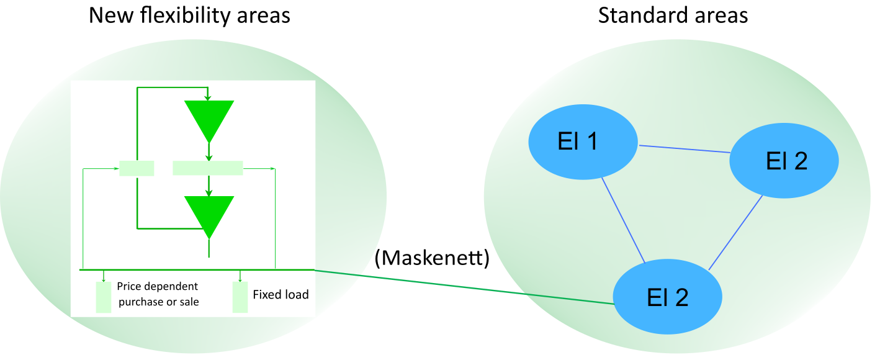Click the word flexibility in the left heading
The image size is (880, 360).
coord(186,15)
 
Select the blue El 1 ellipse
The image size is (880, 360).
coord(583,143)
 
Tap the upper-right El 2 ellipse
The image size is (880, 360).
coord(784,161)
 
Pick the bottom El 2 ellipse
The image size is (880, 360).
coord(668,297)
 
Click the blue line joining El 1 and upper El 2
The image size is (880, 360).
coord(685,149)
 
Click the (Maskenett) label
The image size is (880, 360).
coord(432,258)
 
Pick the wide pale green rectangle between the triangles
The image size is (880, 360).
coord(207,168)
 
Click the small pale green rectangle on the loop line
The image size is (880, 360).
coord(137,168)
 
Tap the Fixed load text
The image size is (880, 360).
coord(281,294)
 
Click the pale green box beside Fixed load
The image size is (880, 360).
coord(240,297)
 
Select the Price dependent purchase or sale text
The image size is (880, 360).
coord(158,294)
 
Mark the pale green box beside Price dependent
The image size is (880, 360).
coord(103,297)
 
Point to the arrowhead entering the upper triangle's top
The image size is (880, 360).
coord(209,97)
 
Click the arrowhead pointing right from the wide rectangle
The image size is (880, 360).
coord(272,168)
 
